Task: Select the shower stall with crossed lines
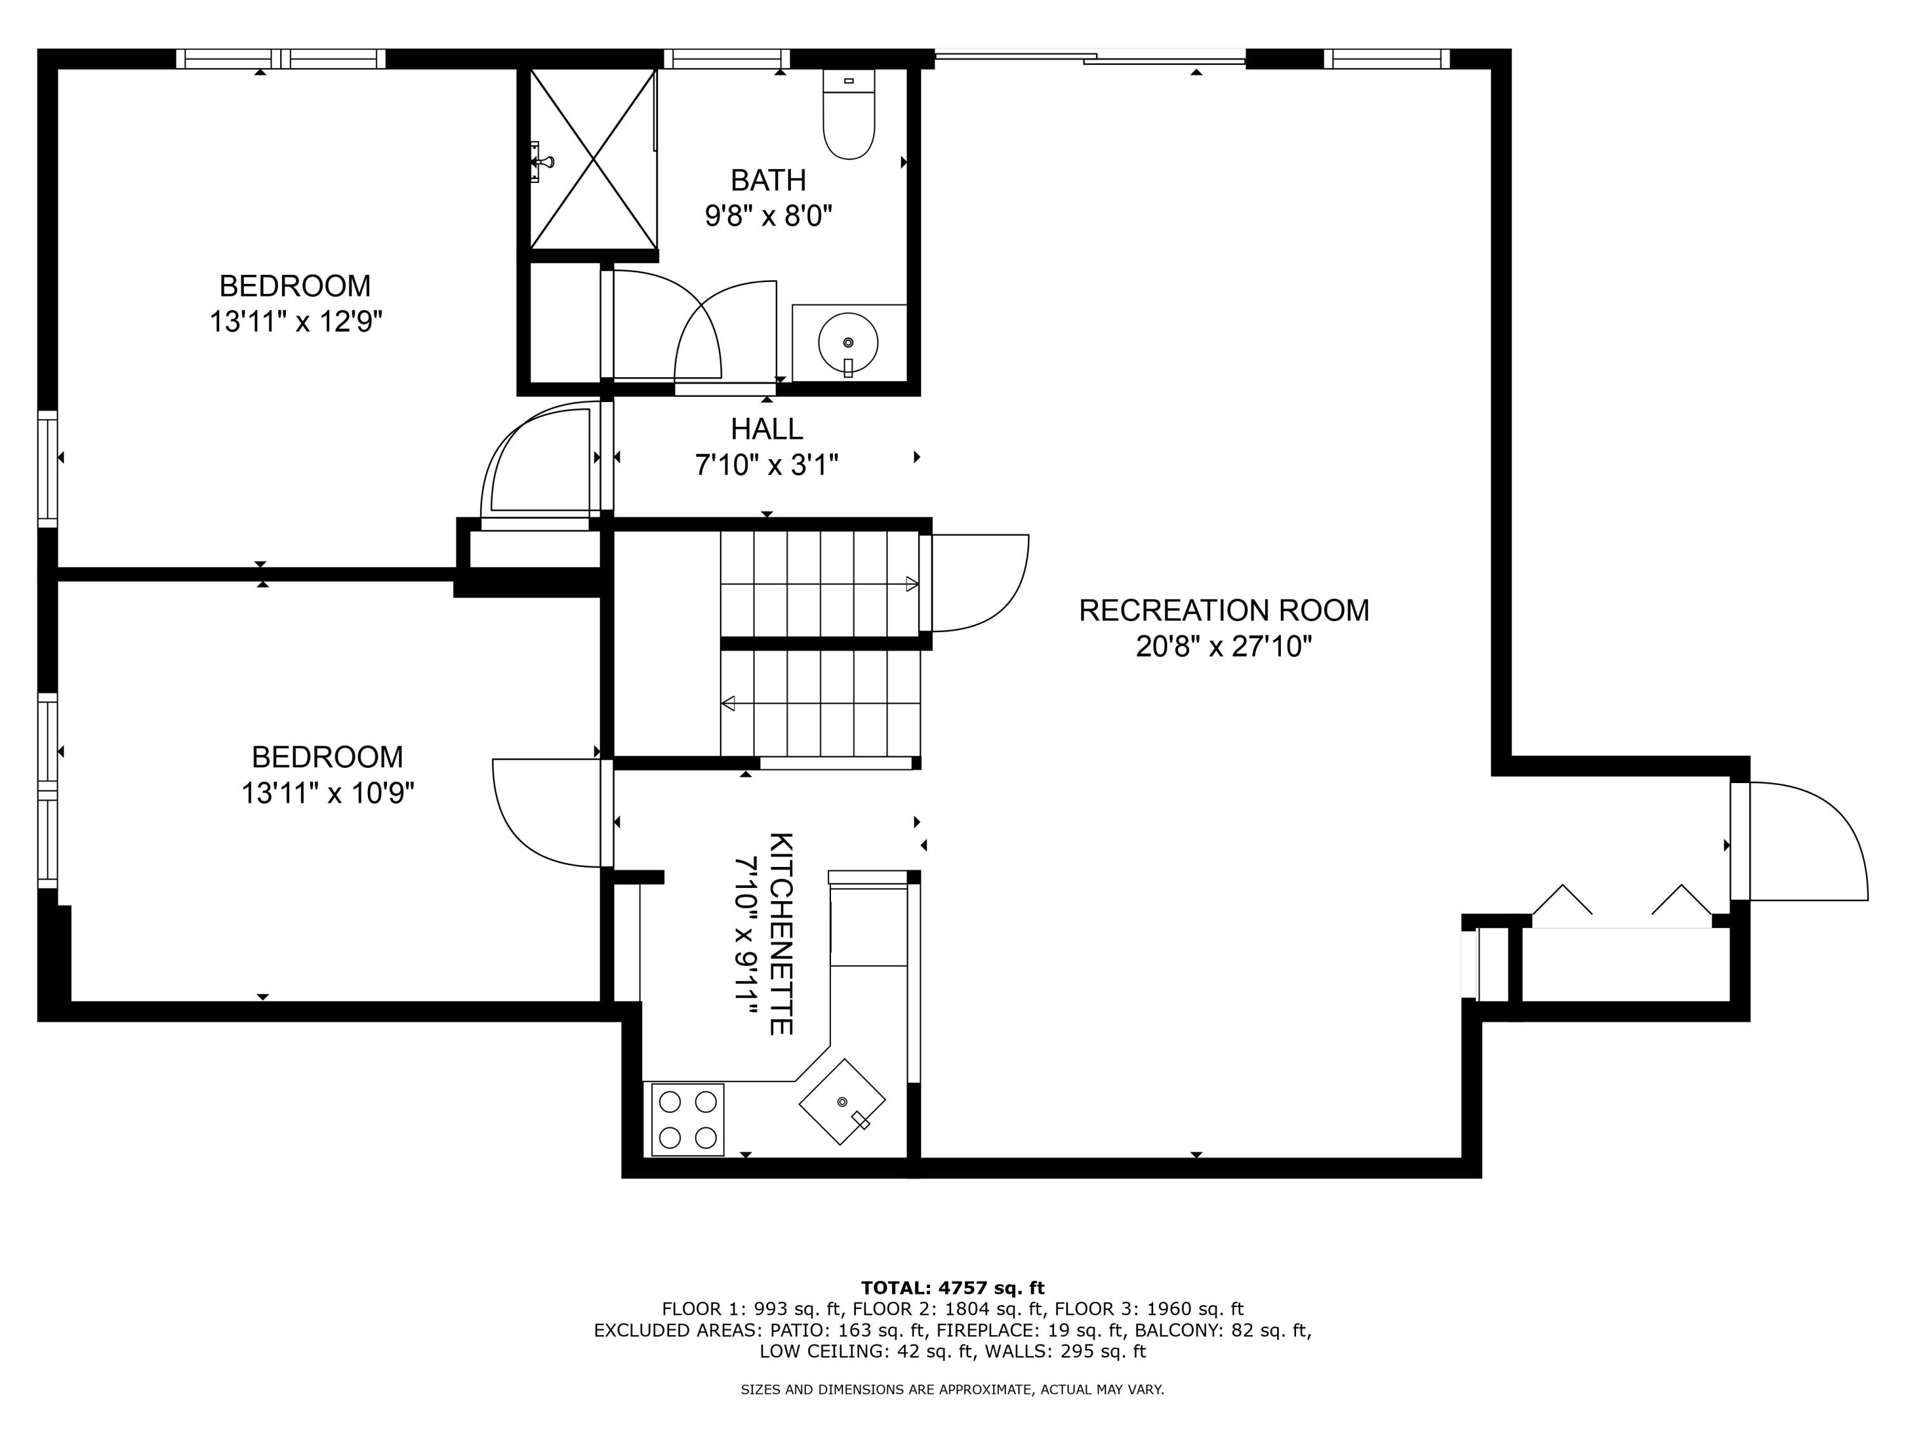592,160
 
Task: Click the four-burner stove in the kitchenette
687,1119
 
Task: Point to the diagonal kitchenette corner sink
842,1102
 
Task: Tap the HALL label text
767,429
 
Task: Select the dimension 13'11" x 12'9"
295,322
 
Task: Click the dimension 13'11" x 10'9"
327,793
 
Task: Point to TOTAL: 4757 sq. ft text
952,1288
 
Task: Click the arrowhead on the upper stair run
912,585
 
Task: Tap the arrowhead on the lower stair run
728,704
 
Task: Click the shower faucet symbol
540,162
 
